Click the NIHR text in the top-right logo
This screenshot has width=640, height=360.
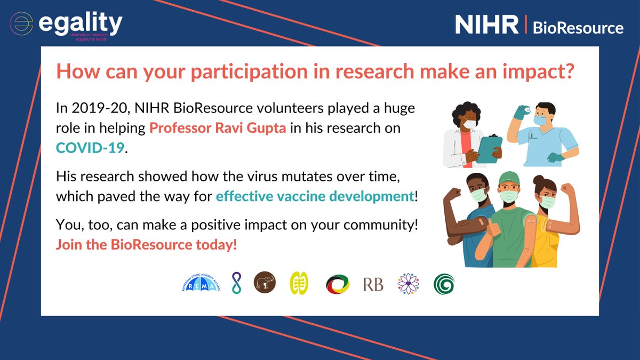coord(486,25)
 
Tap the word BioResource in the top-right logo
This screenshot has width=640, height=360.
coord(578,27)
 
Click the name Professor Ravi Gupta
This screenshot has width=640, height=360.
coord(219,129)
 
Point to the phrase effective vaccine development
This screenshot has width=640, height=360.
coord(315,196)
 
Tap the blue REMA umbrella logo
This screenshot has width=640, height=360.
coord(201,284)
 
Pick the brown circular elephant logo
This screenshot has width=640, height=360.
coord(265,283)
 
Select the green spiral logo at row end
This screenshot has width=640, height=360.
coord(444,284)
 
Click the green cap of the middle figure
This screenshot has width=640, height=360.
coord(508,178)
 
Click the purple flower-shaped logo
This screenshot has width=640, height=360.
coord(409,284)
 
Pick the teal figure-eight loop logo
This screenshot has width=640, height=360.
coord(236,283)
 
